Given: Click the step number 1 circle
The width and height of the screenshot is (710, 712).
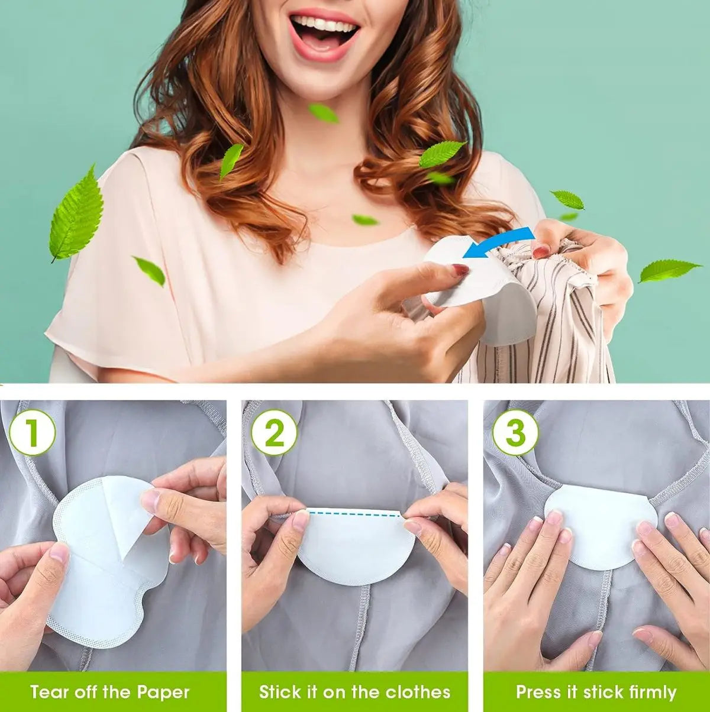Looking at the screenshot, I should click(32, 432).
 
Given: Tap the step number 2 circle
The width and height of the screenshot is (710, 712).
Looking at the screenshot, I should click(274, 432).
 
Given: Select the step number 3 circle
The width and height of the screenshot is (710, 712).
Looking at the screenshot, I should click(515, 432).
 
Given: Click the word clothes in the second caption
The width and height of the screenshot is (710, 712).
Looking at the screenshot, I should click(418, 691).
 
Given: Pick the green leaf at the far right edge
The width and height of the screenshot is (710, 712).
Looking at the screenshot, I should click(669, 270).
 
